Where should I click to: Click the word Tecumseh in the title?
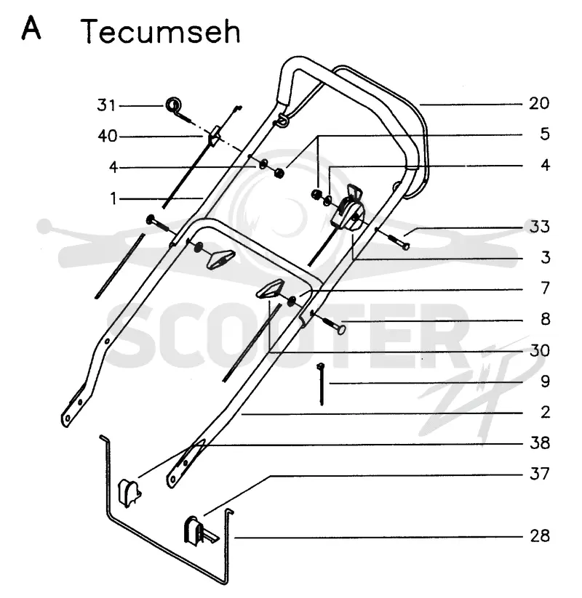pyautogui.click(x=160, y=32)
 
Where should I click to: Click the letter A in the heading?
pyautogui.click(x=31, y=28)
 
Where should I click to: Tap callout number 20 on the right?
pyautogui.click(x=539, y=103)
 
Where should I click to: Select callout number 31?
pyautogui.click(x=106, y=105)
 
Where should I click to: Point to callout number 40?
pyautogui.click(x=108, y=136)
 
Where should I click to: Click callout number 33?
pyautogui.click(x=539, y=227)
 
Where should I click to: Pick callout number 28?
pyautogui.click(x=540, y=536)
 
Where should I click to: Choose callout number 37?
pyautogui.click(x=540, y=474)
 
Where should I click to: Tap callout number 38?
pyautogui.click(x=540, y=443)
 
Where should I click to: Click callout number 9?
pyautogui.click(x=546, y=381)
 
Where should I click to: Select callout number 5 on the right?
pyautogui.click(x=545, y=134)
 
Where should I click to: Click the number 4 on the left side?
pyautogui.click(x=113, y=167)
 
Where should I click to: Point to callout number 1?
pyautogui.click(x=113, y=198)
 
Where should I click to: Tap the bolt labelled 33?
pyautogui.click(x=399, y=242)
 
